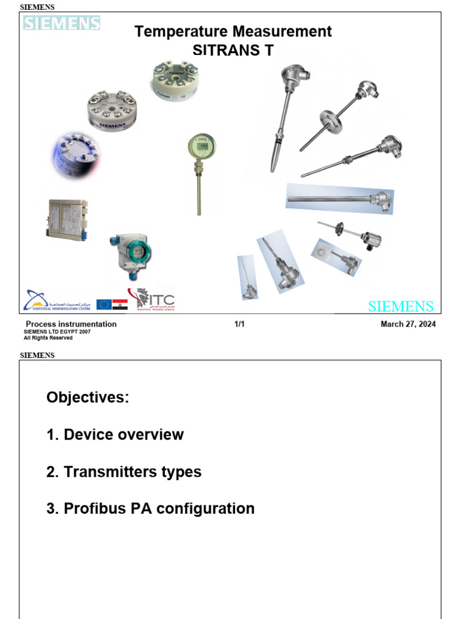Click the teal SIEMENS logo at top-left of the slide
62,24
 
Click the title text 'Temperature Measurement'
233,31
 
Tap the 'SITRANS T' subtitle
233,51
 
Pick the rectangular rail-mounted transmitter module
66,219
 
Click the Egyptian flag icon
120,304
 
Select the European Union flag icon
104,304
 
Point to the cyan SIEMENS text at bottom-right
401,306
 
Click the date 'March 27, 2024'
408,325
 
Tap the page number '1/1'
239,325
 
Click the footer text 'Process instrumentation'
71,325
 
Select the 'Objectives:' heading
88,398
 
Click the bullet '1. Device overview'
115,435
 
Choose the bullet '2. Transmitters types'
124,472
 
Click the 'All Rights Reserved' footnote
48,338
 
